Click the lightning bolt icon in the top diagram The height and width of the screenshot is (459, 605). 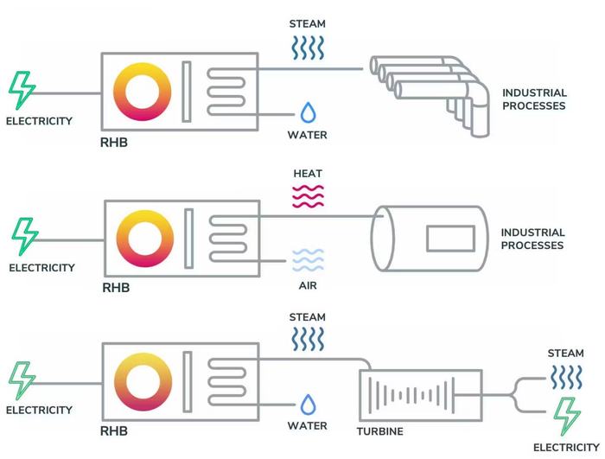tap(22, 91)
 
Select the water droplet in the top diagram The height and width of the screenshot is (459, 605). tap(308, 113)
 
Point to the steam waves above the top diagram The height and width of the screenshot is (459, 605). tap(307, 47)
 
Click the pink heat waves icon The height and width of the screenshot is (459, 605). tap(308, 196)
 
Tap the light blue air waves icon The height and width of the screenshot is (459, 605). tap(308, 260)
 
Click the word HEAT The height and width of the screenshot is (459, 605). tap(308, 174)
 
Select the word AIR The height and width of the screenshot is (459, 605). tap(308, 285)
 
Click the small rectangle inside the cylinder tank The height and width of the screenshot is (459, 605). tap(450, 239)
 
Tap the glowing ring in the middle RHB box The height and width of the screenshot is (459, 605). tap(145, 238)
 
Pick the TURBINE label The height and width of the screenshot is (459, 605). tap(380, 431)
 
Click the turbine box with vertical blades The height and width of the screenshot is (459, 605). tap(419, 395)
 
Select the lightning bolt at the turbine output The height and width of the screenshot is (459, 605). tap(567, 417)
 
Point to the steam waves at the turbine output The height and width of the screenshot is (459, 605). tap(566, 377)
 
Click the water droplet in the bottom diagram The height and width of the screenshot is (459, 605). tap(308, 405)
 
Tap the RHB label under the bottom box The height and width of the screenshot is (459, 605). tap(114, 431)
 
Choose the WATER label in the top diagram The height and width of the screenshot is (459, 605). tap(308, 135)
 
